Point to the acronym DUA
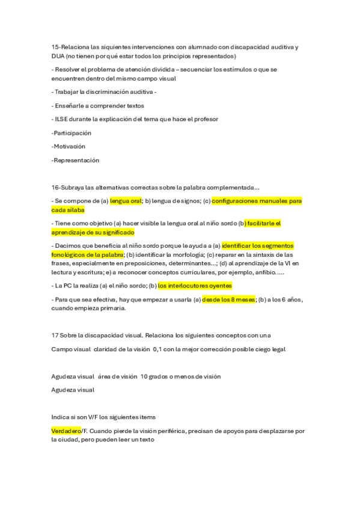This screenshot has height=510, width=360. click(x=58, y=56)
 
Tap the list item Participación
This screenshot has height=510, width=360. click(x=72, y=133)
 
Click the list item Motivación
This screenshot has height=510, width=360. click(x=69, y=146)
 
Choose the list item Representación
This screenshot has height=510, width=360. click(x=75, y=161)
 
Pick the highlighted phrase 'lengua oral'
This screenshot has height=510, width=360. click(x=126, y=201)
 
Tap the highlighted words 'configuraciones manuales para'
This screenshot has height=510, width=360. click(x=257, y=201)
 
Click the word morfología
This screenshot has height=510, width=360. click(x=185, y=254)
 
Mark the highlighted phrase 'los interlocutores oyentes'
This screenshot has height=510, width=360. click(x=195, y=286)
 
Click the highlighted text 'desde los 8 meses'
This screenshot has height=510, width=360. click(x=229, y=300)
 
